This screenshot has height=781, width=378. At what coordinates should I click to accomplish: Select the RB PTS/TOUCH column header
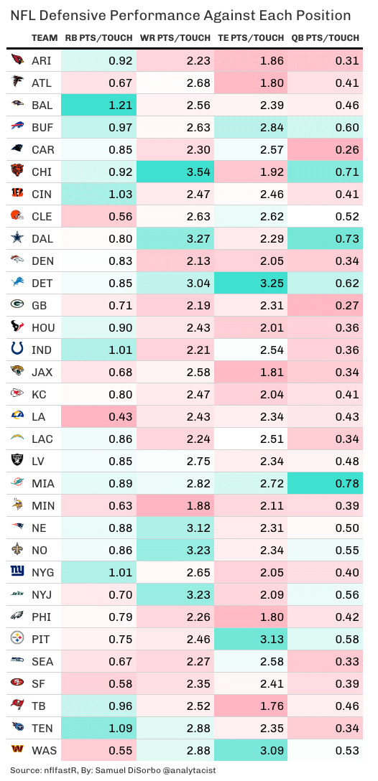99,38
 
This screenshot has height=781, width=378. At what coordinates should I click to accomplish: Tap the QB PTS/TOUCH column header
326,38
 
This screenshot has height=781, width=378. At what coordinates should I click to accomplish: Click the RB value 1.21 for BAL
121,106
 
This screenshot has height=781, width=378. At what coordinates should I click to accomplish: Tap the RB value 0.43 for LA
121,417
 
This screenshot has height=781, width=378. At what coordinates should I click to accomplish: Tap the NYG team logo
17,573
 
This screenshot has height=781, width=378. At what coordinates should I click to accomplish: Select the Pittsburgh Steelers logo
17,640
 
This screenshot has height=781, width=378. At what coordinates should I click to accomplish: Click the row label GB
39,306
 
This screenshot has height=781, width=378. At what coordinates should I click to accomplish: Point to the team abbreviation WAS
42,751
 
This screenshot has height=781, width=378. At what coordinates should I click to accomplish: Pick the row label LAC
42,439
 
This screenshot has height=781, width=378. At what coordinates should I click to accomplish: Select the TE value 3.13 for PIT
270,640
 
